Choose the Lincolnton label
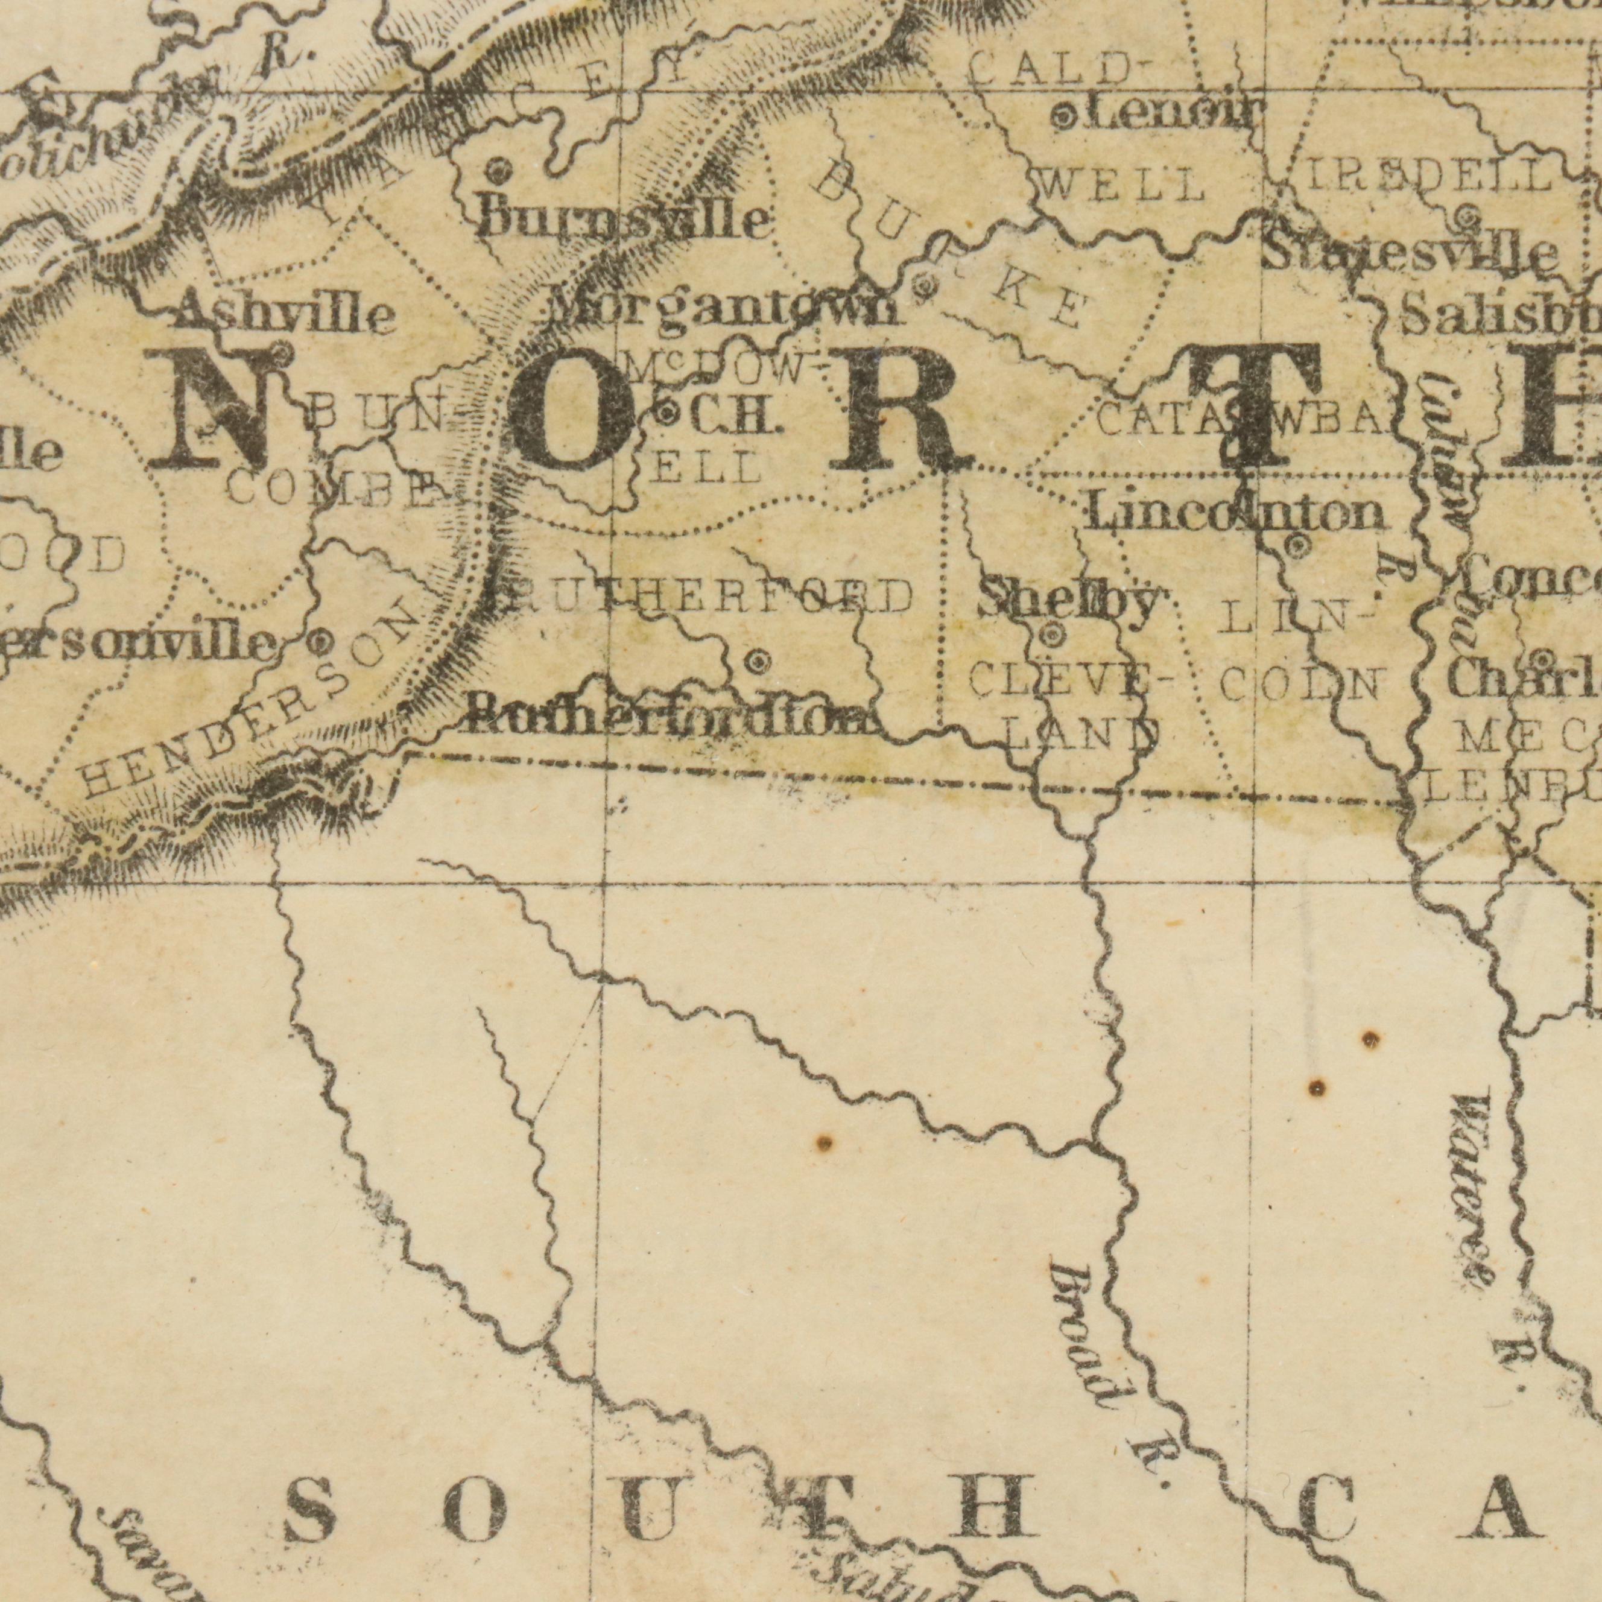coord(1235,514)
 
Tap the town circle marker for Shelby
coord(1051,636)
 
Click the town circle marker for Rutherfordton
coord(757,662)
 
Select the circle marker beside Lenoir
coord(1064,117)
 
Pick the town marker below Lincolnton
coord(1297,569)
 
